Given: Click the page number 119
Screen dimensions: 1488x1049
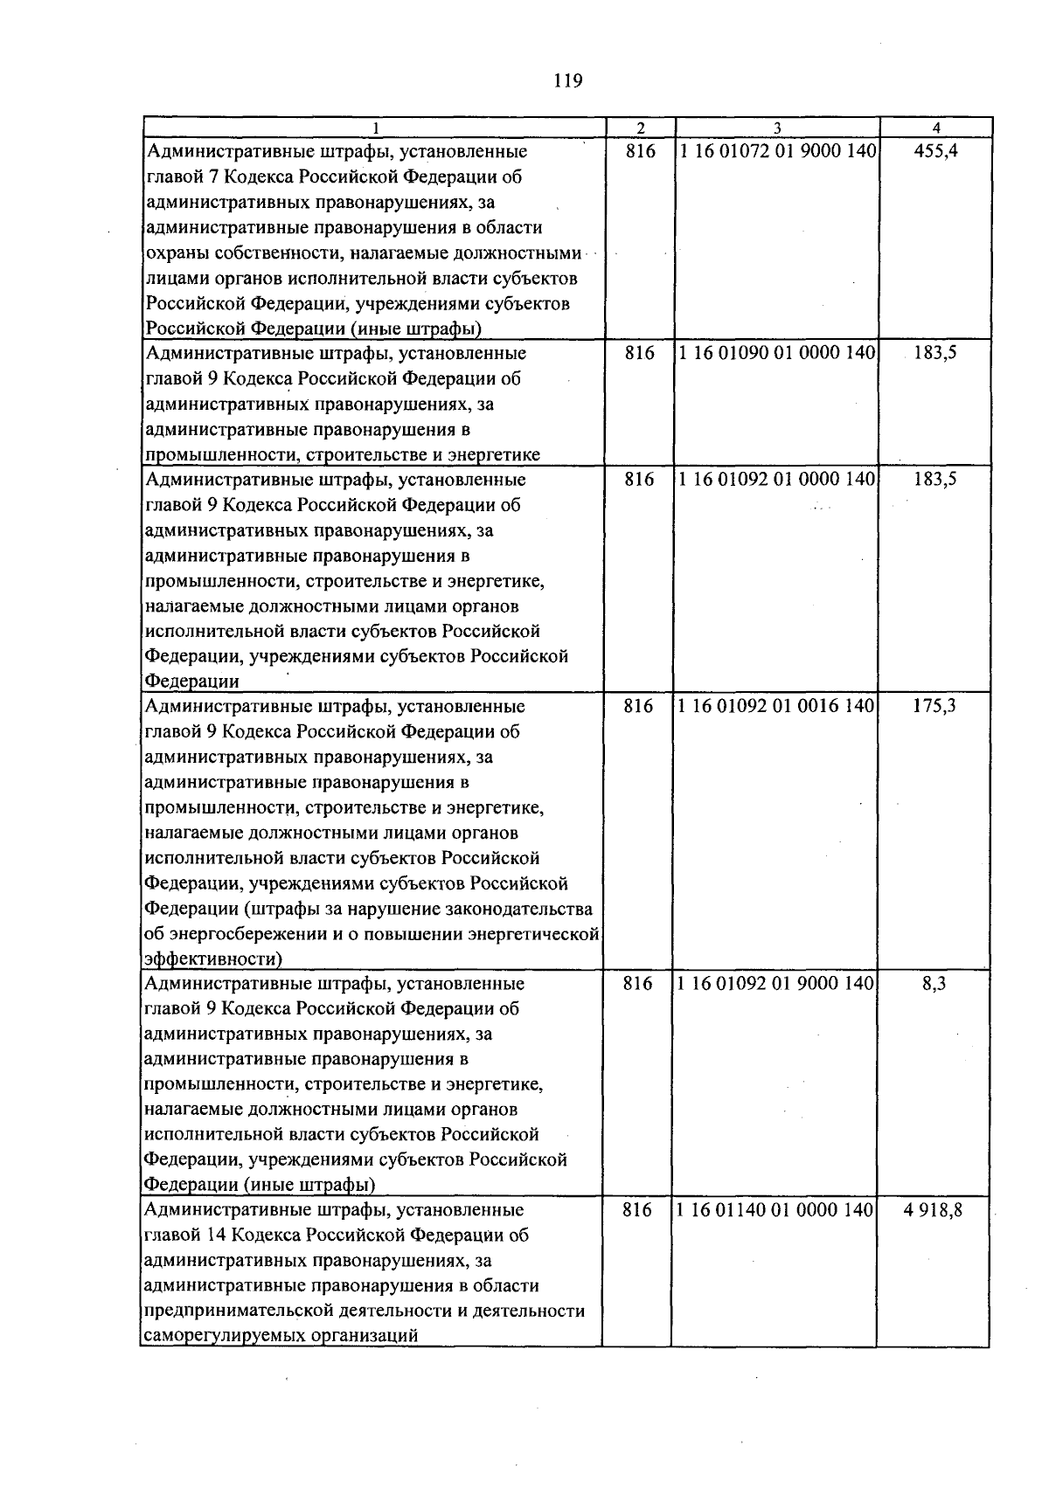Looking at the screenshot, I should point(567,82).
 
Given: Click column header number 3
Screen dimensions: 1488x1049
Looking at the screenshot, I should point(776,128).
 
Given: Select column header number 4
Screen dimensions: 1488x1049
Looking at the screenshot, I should point(936,128).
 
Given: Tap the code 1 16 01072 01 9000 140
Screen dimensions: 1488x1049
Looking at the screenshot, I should point(777,151).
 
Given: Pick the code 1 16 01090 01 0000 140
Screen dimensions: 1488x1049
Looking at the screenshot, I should point(777,353).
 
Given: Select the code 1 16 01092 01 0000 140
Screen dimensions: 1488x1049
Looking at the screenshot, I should point(777,479).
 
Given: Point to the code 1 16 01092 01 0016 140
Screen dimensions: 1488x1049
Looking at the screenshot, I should point(777,706).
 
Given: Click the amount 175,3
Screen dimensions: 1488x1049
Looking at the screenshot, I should point(934,706).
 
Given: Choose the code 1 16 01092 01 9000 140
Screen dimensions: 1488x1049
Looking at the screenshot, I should point(777,983).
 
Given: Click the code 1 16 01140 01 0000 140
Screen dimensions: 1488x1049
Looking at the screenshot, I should point(777,1210).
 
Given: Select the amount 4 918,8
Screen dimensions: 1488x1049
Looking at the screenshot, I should point(934,1210).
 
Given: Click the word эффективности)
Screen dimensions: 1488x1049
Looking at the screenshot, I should point(212,959).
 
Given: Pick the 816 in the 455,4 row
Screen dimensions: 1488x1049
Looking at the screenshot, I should point(641,151).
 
